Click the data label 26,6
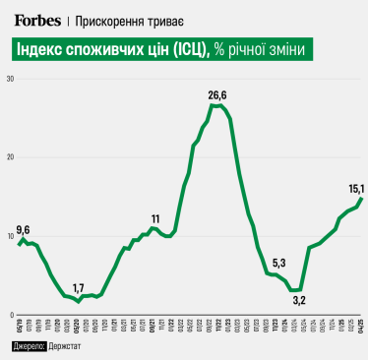click(217, 94)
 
